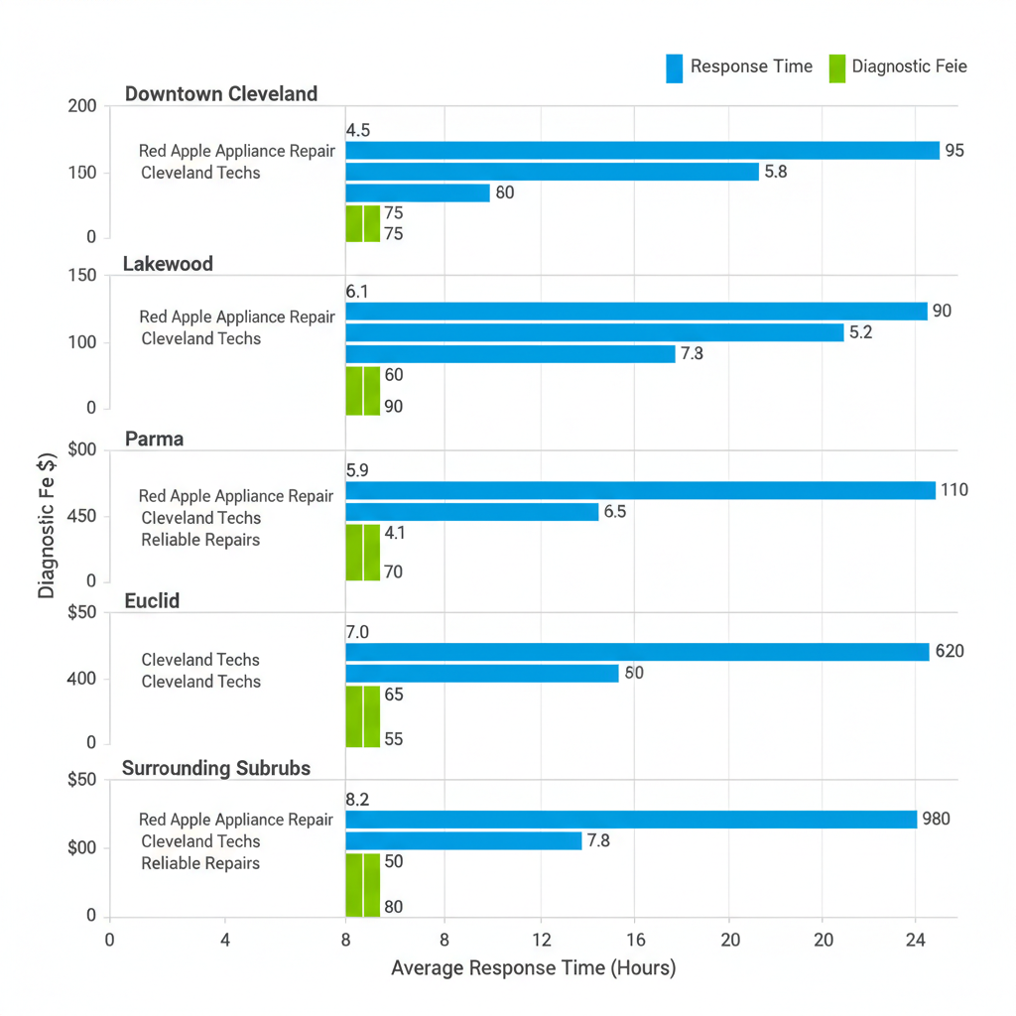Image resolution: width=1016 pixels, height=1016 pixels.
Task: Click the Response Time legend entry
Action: coord(739,67)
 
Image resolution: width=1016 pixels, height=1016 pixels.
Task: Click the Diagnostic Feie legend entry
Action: coord(897,67)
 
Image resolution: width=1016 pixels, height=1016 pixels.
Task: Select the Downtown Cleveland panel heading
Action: coord(221,94)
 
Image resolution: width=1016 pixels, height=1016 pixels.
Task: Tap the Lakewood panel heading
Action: coord(168,264)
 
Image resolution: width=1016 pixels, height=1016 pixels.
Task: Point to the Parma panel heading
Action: coord(154,439)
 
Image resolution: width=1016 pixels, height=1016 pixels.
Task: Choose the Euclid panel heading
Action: coord(152,600)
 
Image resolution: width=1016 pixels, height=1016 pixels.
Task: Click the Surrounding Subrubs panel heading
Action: coord(215,768)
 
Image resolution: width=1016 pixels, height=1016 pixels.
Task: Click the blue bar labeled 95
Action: coord(642,151)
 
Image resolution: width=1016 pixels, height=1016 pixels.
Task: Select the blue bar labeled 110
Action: coord(640,490)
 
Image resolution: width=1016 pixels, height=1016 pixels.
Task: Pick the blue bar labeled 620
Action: coord(637,652)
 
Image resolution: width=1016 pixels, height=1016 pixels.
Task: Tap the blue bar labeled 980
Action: coord(631,820)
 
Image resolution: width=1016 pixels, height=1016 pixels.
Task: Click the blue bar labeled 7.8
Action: coord(463,841)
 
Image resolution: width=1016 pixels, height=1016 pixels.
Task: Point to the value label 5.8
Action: coord(776,172)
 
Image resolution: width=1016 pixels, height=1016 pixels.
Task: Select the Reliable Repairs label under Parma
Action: coord(200,540)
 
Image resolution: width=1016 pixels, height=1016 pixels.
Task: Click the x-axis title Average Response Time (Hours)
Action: coord(533,968)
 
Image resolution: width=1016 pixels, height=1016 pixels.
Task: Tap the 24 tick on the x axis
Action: coord(915,939)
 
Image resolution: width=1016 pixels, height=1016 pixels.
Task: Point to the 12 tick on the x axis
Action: coord(540,939)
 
